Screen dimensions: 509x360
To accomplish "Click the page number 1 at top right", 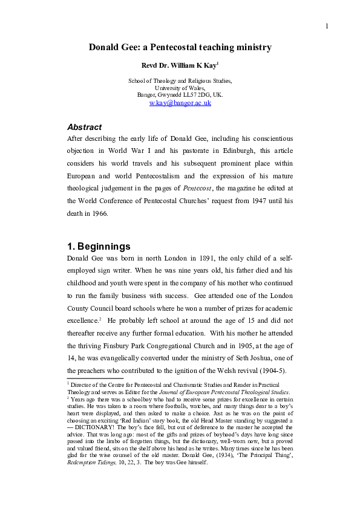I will click(x=326, y=25).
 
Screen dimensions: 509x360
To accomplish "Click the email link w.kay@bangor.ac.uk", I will click(x=180, y=103).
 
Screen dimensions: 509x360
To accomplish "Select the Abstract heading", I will click(x=84, y=127).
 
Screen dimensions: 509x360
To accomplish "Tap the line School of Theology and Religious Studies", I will click(x=180, y=80).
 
